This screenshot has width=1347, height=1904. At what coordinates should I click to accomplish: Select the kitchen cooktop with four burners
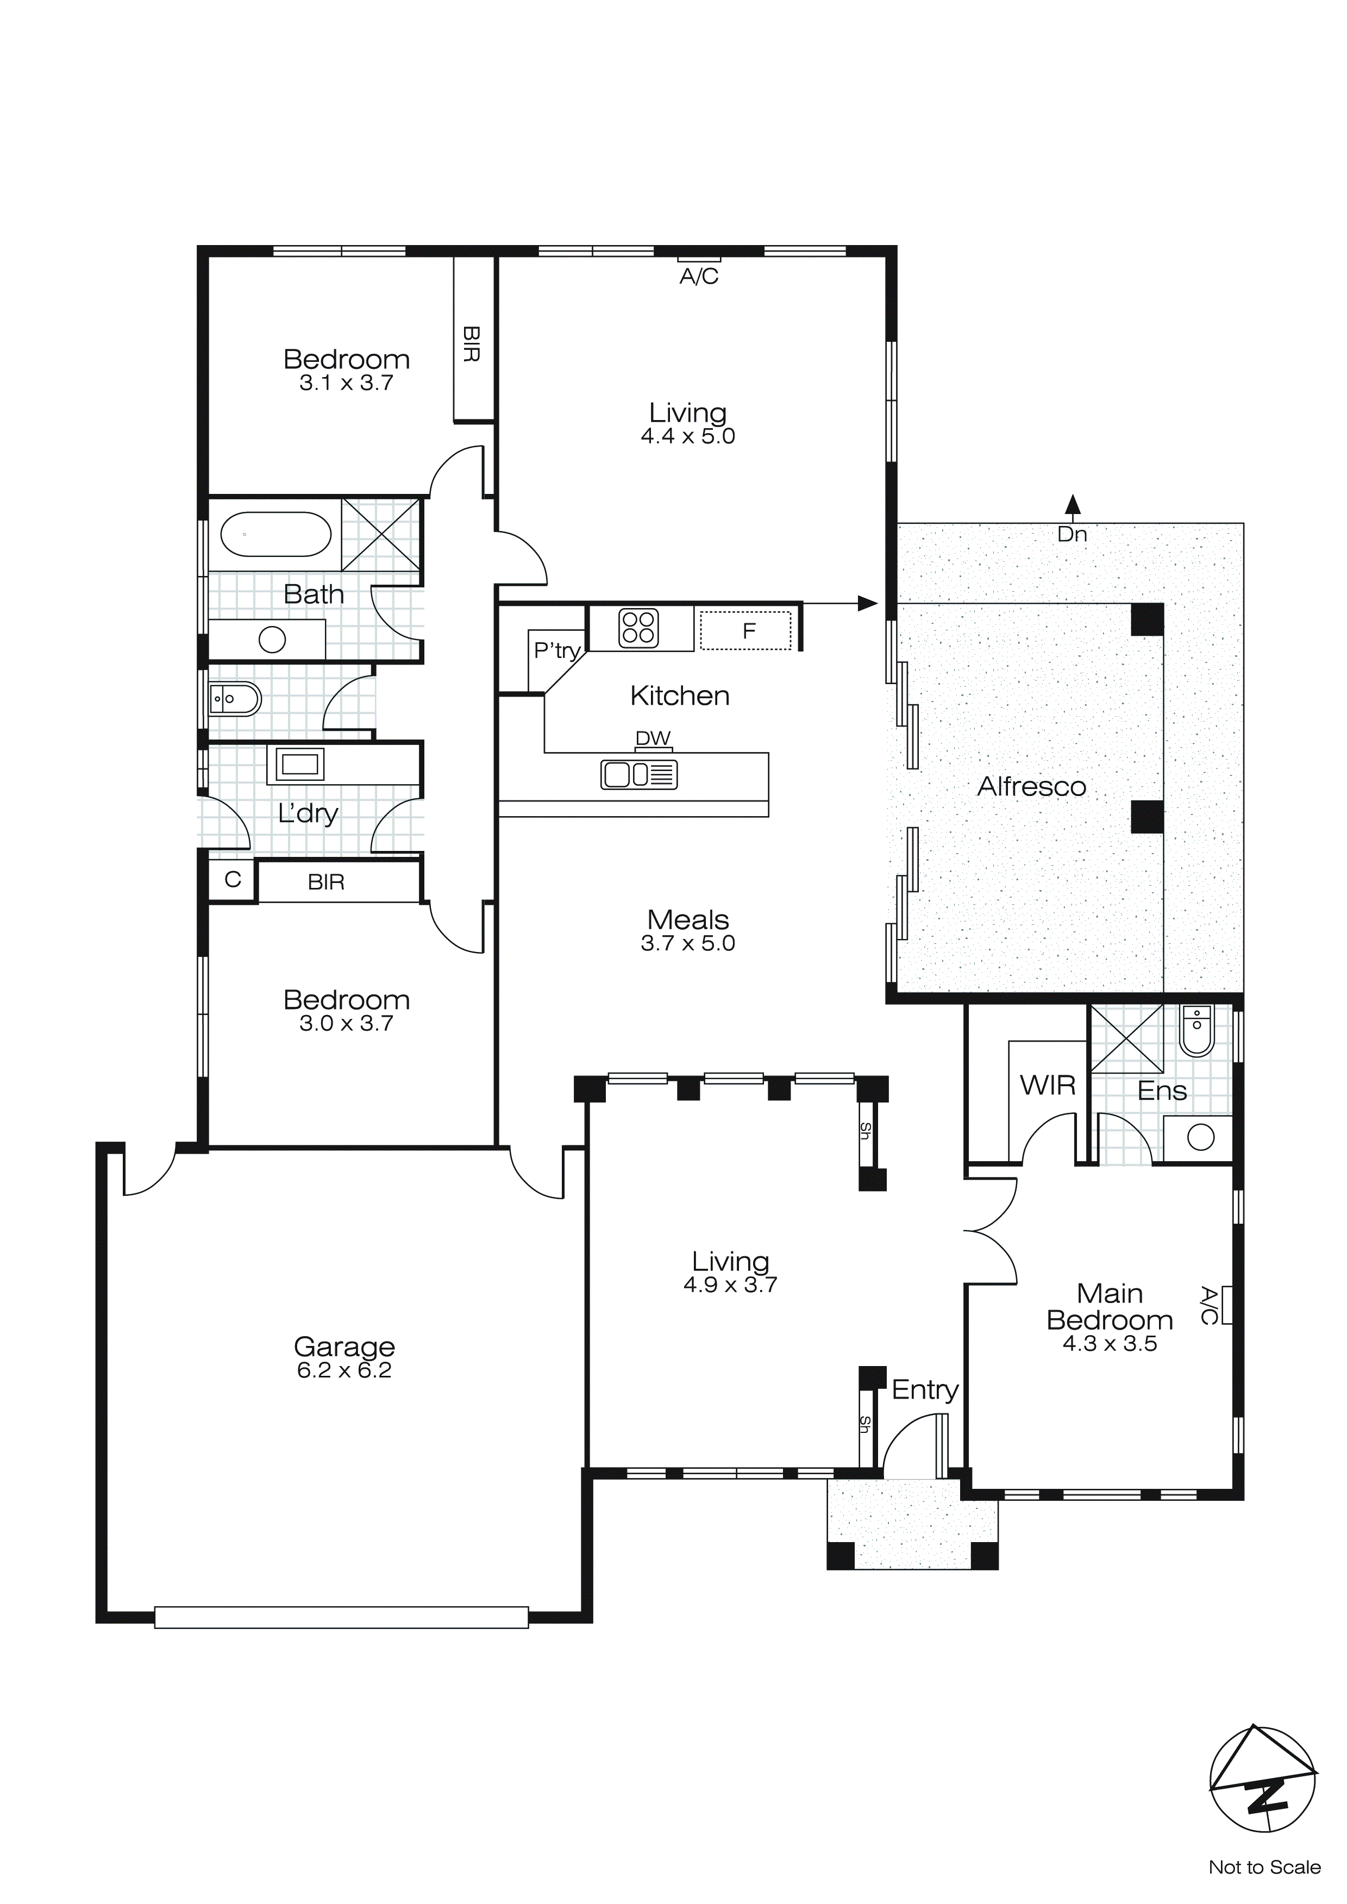pyautogui.click(x=638, y=627)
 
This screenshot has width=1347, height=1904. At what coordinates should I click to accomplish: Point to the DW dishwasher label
pyautogui.click(x=653, y=737)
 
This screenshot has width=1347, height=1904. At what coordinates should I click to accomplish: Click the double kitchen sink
pyautogui.click(x=638, y=774)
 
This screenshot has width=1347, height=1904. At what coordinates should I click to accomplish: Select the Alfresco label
pyautogui.click(x=1031, y=786)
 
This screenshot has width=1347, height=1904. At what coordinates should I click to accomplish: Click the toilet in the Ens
pyautogui.click(x=1196, y=1031)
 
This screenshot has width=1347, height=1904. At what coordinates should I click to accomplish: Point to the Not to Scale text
pyautogui.click(x=1264, y=1867)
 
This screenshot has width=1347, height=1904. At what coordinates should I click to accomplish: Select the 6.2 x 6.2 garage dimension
pyautogui.click(x=344, y=1370)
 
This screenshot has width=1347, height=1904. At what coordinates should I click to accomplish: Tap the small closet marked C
pyautogui.click(x=232, y=879)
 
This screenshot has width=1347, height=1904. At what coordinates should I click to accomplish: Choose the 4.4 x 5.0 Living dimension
pyautogui.click(x=687, y=436)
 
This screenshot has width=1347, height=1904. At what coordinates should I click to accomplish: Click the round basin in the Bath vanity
pyautogui.click(x=272, y=640)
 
